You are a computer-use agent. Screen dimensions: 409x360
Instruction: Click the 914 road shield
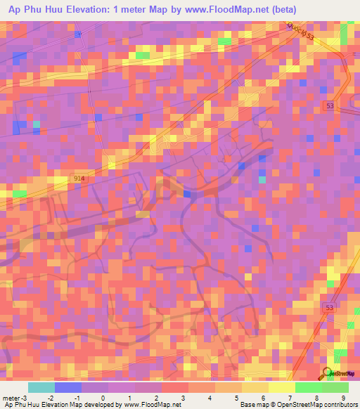(79, 180)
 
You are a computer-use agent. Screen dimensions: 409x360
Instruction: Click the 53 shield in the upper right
(330, 105)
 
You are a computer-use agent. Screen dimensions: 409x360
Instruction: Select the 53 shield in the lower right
(330, 309)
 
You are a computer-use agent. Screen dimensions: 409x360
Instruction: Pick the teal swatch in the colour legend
(41, 387)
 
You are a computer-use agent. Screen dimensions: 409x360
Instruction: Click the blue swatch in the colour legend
(68, 387)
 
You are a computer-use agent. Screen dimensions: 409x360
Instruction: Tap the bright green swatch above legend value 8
(308, 387)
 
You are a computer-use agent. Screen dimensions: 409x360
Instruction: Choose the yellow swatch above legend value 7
(281, 387)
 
